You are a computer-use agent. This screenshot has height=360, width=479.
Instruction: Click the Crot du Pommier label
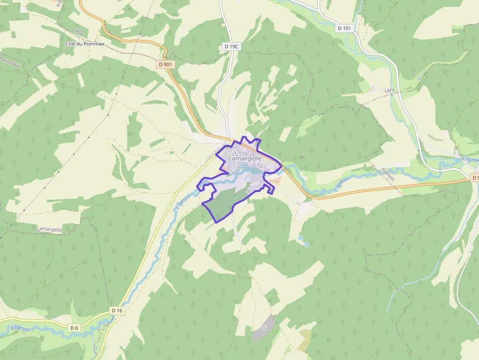click(x=85, y=43)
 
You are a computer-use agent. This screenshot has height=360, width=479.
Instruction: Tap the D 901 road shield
click(x=166, y=64)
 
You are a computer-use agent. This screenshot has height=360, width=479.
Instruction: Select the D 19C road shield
click(x=232, y=46)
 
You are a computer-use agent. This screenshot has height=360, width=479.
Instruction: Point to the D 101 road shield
click(x=344, y=28)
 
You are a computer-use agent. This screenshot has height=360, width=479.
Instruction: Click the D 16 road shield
click(x=117, y=310)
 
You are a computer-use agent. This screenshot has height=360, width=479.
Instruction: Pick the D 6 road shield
click(x=74, y=328)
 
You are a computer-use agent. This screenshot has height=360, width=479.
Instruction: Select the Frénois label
click(x=387, y=175)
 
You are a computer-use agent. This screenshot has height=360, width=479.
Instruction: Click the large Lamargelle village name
click(x=245, y=158)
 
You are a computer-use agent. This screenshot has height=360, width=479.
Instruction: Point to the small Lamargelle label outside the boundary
click(x=50, y=229)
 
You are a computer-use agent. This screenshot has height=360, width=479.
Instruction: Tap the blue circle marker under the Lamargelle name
click(x=242, y=166)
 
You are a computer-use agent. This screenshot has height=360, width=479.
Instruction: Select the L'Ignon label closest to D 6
click(x=21, y=328)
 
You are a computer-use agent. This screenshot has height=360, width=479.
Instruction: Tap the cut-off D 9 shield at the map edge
click(x=475, y=178)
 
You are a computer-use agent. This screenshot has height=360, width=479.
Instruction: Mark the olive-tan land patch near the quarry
click(x=304, y=339)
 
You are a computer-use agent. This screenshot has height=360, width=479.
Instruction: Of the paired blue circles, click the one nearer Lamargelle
click(x=301, y=238)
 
